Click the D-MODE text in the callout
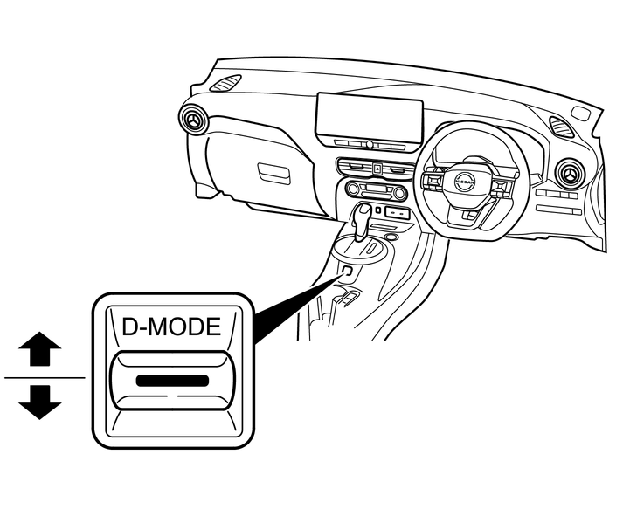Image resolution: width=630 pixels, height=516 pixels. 171,327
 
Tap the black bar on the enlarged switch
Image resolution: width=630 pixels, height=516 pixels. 172,381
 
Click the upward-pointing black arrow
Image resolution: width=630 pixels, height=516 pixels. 40,348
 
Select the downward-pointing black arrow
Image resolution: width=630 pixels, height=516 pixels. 40,402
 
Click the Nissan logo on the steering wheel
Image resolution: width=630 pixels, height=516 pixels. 465,182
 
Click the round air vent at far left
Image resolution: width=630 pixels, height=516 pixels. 194,119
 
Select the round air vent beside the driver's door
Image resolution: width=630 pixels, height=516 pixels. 571,174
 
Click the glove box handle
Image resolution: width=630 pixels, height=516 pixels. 273,174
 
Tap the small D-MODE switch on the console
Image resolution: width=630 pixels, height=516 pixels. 348,271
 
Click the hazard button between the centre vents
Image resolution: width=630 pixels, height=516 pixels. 377,169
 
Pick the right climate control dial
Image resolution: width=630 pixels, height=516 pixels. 399,194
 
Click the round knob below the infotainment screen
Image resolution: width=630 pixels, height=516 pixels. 370,144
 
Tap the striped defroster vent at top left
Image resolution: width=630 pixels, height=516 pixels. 225,83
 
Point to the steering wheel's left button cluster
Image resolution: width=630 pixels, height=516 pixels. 432,182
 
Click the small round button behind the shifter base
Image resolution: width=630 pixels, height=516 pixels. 390,237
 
